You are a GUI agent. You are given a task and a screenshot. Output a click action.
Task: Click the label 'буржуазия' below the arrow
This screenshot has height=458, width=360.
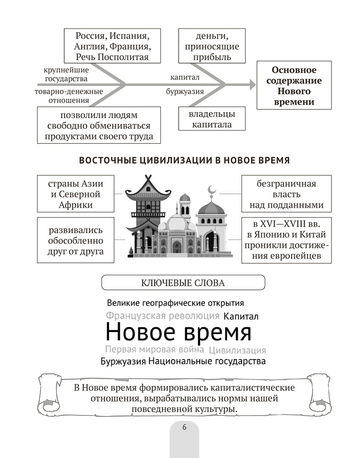point(185,92)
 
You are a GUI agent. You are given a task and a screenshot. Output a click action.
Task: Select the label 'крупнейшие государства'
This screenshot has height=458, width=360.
point(66,74)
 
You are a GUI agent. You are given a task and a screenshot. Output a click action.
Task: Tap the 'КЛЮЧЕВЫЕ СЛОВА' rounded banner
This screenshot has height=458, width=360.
point(183,283)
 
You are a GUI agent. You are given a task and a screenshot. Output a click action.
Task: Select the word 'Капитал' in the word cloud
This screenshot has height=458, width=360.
point(241,316)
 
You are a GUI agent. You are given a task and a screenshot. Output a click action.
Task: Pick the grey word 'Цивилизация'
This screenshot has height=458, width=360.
point(237,351)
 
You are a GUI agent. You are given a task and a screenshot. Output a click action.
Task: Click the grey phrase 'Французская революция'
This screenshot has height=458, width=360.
point(163,316)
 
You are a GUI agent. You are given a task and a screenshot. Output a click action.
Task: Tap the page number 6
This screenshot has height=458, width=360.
point(184,427)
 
